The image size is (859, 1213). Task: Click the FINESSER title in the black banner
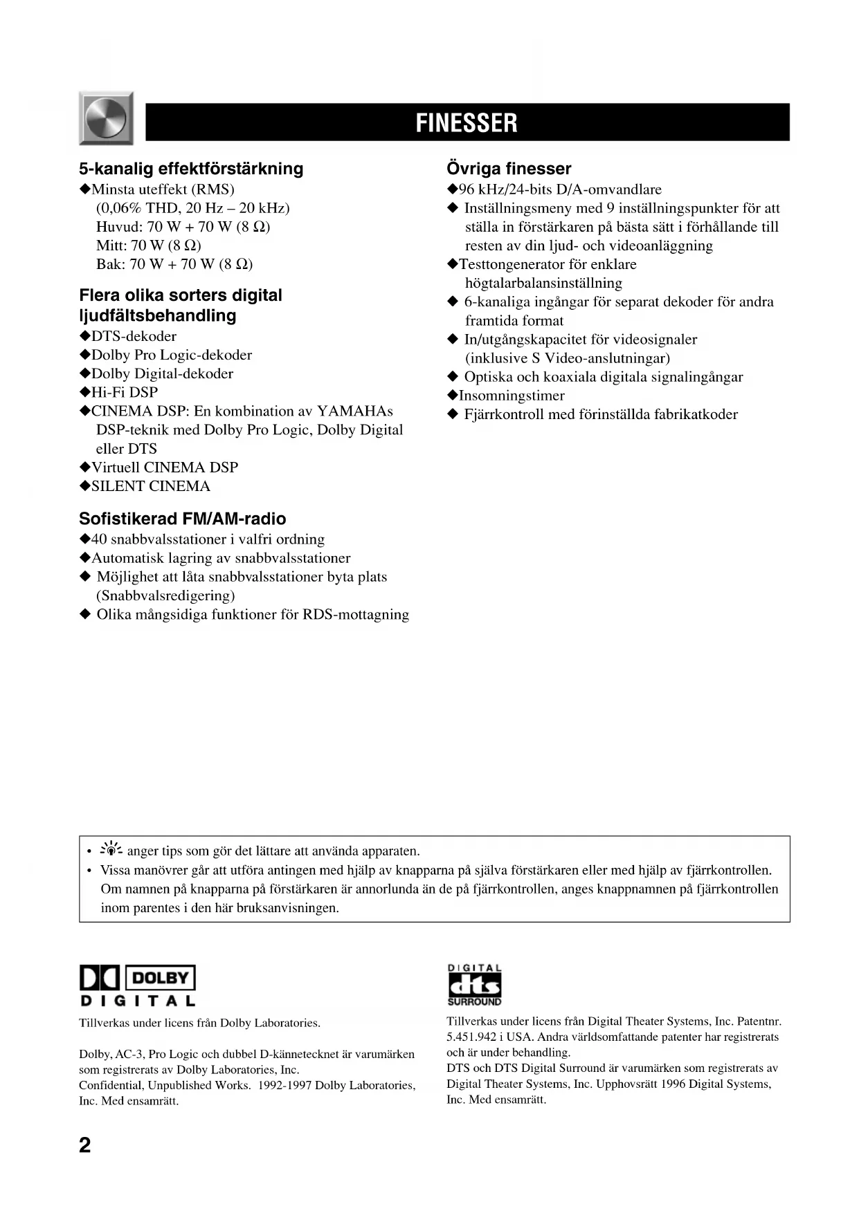coord(467,123)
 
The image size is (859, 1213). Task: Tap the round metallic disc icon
coord(106,118)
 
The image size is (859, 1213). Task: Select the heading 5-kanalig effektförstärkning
coord(191,169)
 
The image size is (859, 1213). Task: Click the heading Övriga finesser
coord(509,169)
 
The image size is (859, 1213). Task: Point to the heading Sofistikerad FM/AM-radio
coord(182,519)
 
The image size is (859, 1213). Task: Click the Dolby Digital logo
coord(138,985)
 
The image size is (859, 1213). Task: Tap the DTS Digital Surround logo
coord(474,985)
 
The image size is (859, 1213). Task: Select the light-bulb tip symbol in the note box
coord(111,850)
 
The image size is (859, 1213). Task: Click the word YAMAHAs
coord(354,411)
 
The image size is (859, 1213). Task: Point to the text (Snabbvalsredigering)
coord(165,595)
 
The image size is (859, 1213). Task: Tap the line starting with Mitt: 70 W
coord(149,246)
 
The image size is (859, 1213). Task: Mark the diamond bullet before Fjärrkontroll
coord(453,414)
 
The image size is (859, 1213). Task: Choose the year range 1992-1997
coord(284,1086)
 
